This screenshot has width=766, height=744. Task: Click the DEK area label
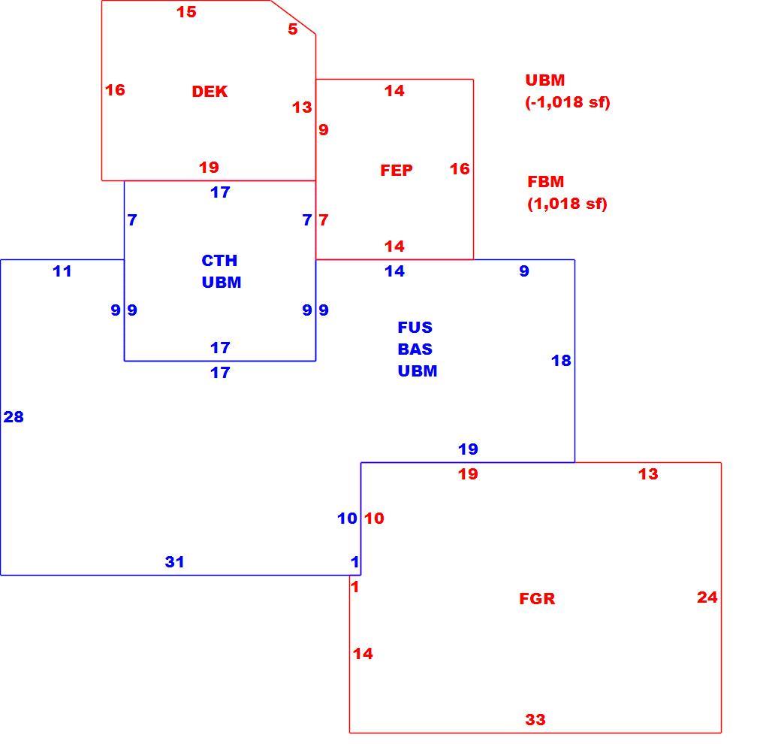(210, 92)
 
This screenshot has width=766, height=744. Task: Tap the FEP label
(397, 170)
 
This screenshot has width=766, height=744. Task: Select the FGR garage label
(537, 599)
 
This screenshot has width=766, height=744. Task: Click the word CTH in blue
(219, 261)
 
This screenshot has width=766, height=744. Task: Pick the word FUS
(415, 327)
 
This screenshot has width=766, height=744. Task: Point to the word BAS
(415, 349)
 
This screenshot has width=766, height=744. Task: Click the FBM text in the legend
(546, 182)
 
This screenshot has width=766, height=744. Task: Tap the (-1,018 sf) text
(568, 101)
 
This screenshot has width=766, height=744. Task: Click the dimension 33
(535, 719)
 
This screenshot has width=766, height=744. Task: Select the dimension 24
(707, 597)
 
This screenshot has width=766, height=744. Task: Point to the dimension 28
(14, 416)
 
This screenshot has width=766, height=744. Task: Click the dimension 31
(174, 561)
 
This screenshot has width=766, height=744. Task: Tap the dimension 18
(561, 360)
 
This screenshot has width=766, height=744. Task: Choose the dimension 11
(62, 271)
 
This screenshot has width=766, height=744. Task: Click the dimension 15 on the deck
(186, 12)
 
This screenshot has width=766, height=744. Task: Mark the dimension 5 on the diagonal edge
(293, 29)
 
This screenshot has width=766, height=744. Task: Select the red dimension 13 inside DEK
(302, 107)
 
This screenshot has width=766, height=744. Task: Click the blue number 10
(347, 518)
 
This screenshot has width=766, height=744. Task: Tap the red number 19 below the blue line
(468, 473)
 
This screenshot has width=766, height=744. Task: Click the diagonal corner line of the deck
(294, 17)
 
